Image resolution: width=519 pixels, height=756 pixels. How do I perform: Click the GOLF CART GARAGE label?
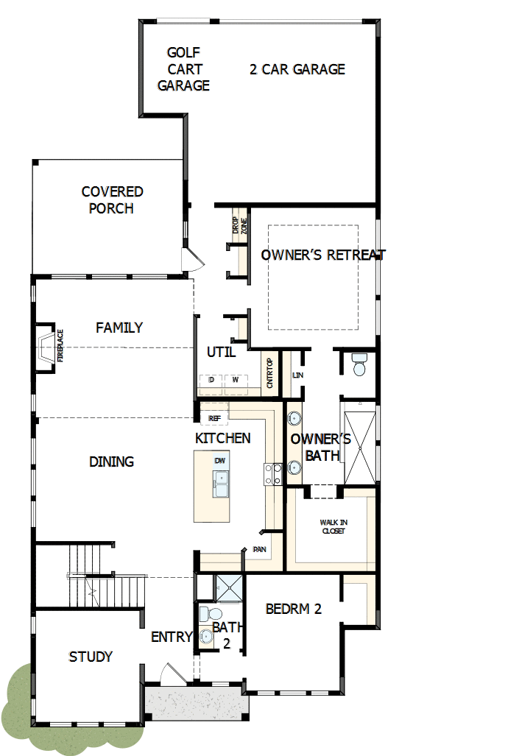tap(183, 69)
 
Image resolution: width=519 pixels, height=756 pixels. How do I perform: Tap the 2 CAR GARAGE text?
tap(297, 69)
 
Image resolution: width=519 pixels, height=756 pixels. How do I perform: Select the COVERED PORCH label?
tap(112, 199)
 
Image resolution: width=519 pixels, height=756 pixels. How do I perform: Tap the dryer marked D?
tap(211, 380)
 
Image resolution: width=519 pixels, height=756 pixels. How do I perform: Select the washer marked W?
tap(236, 380)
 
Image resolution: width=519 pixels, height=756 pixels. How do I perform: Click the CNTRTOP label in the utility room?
tap(270, 373)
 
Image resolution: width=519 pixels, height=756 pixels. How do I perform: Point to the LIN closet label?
tap(297, 375)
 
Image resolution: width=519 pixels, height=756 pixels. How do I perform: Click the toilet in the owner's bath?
tap(359, 364)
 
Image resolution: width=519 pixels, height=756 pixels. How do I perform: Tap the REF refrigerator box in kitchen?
tap(214, 417)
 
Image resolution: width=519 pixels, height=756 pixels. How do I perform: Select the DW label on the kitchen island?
tap(219, 461)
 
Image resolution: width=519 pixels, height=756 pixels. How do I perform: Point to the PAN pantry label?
tap(259, 549)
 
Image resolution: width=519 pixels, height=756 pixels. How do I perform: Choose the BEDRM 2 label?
tap(293, 609)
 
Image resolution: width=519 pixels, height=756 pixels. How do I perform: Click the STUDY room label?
tap(91, 656)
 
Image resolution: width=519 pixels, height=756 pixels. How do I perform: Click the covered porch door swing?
tap(191, 259)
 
